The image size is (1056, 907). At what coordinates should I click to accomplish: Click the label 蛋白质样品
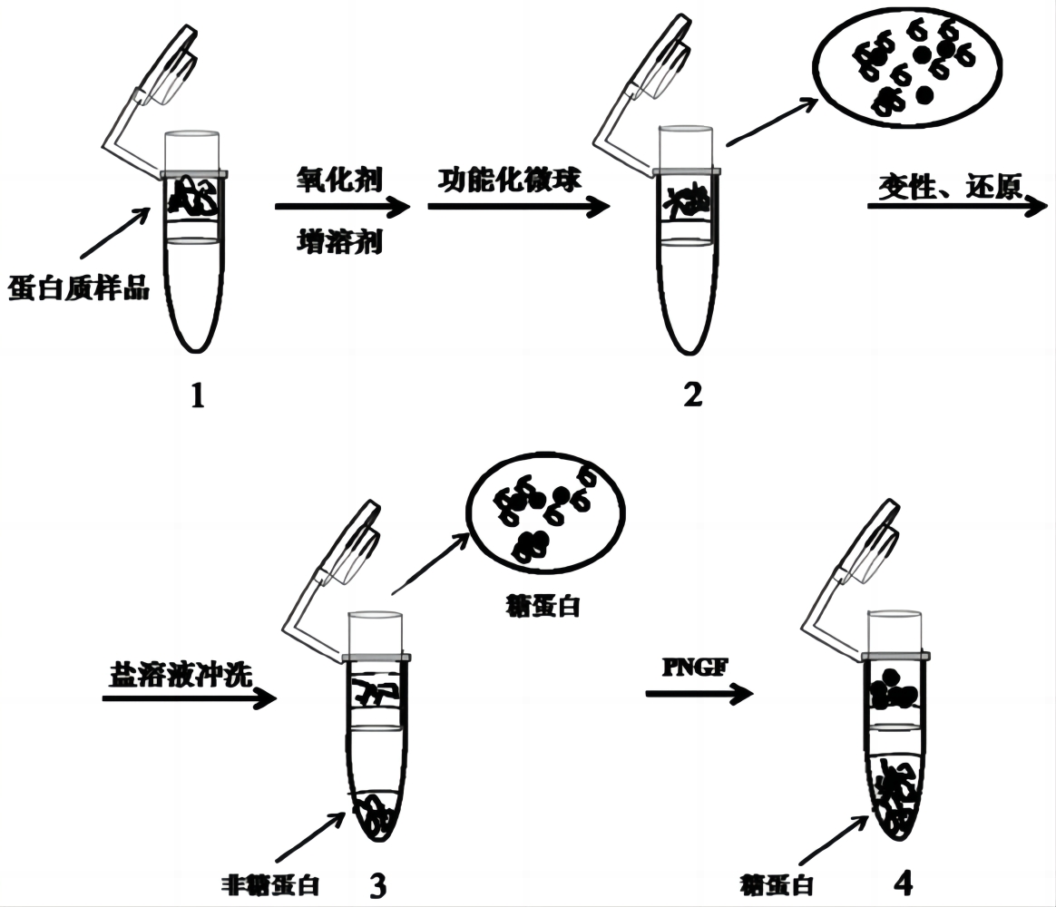(x=78, y=289)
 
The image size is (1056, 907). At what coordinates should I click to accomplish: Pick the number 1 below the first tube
(x=198, y=395)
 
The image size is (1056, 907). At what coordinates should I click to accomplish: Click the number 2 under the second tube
(x=692, y=395)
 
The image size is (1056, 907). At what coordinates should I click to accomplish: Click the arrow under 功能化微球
(x=518, y=207)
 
